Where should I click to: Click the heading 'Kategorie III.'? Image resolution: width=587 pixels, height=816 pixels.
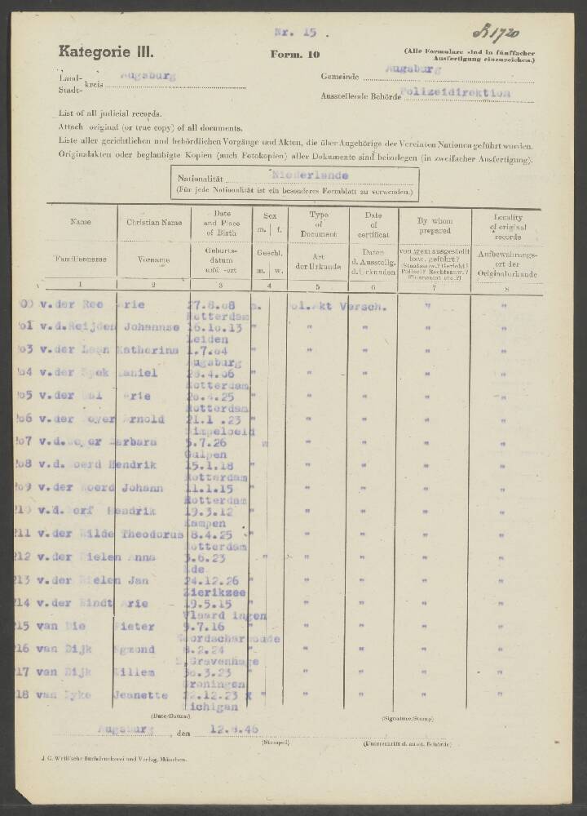[105, 51]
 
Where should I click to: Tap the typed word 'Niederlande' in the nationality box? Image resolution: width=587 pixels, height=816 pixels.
[310, 175]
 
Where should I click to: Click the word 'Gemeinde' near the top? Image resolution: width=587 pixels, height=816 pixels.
[340, 77]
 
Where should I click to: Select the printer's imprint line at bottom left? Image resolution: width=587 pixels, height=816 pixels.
[115, 759]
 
